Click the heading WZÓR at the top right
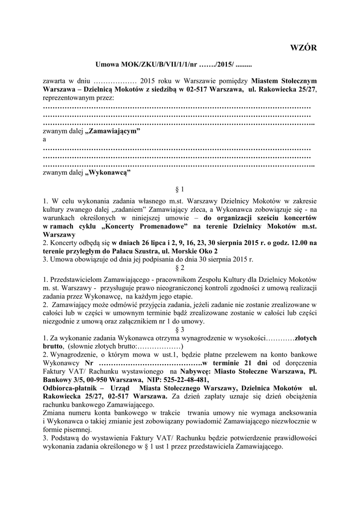[x=302, y=48]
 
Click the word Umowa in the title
[x=106, y=65]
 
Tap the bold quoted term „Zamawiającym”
[x=114, y=131]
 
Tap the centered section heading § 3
[x=180, y=329]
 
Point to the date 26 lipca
[x=144, y=243]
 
